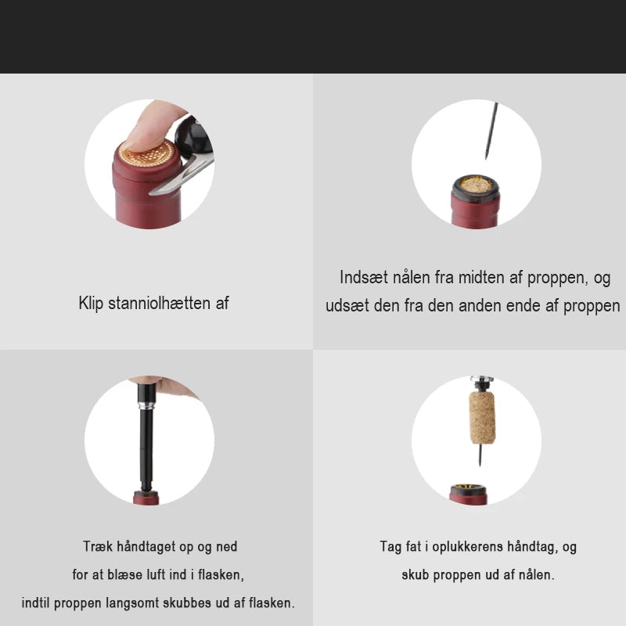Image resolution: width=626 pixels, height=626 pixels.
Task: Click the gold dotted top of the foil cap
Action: click(146, 153)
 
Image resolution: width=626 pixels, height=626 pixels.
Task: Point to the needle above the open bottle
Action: click(491, 131)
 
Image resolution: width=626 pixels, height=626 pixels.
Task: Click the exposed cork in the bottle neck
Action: click(476, 185)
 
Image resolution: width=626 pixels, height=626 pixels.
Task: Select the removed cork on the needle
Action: click(482, 418)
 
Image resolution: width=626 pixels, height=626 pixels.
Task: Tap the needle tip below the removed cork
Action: click(480, 465)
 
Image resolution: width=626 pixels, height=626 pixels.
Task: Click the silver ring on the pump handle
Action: click(146, 406)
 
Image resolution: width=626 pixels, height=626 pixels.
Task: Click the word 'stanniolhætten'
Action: click(160, 303)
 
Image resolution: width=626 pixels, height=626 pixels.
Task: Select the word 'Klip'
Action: click(91, 304)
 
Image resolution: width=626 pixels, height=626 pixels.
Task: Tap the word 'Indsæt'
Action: click(364, 278)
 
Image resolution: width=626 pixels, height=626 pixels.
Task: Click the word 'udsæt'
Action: click(347, 306)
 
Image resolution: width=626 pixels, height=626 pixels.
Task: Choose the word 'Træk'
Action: click(98, 546)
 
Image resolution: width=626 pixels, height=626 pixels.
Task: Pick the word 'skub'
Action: click(416, 575)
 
